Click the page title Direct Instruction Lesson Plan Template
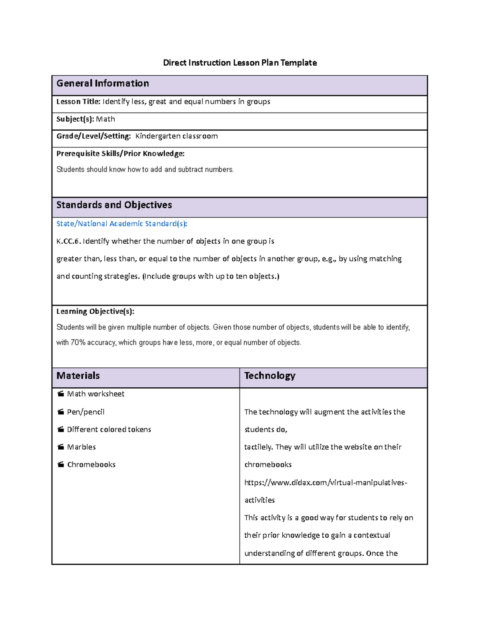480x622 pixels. pyautogui.click(x=240, y=63)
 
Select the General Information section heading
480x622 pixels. pyautogui.click(x=102, y=84)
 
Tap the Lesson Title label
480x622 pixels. pyautogui.click(x=78, y=102)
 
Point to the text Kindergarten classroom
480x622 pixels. pyautogui.click(x=176, y=136)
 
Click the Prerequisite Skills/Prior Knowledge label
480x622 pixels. pyautogui.click(x=120, y=154)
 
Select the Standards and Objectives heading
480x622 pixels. pyautogui.click(x=114, y=205)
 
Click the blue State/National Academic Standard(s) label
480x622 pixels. pyautogui.click(x=122, y=224)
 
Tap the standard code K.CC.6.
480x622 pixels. pyautogui.click(x=68, y=242)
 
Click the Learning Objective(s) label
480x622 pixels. pyautogui.click(x=95, y=312)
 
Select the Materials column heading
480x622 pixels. pyautogui.click(x=78, y=376)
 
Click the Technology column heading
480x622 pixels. pyautogui.click(x=270, y=376)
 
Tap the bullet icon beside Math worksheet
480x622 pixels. pyautogui.click(x=61, y=394)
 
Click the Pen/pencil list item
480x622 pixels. pyautogui.click(x=86, y=412)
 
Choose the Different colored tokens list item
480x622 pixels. pyautogui.click(x=109, y=430)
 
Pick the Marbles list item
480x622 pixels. pyautogui.click(x=81, y=447)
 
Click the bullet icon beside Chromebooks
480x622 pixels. pyautogui.click(x=61, y=465)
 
